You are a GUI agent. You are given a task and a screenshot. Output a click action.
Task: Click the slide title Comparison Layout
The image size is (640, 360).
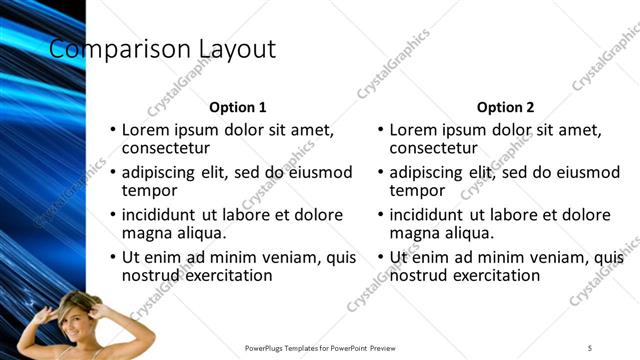pos(163,49)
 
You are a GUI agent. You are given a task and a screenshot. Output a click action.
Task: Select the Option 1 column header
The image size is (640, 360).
pos(237,107)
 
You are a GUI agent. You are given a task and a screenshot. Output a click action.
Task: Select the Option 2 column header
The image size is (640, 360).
pos(506,107)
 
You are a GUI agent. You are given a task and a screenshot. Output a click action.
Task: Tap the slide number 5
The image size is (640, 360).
pos(590,347)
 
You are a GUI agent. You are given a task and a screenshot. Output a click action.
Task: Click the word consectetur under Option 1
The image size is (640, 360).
pos(169,148)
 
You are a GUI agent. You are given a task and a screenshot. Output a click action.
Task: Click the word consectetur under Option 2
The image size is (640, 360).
pos(437,148)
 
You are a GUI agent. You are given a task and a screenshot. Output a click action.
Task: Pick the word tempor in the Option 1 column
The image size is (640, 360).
pos(149,191)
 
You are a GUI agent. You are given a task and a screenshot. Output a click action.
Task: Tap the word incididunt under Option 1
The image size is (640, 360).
pos(160,215)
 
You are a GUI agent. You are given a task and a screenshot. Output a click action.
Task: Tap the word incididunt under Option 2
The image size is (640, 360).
pos(428,215)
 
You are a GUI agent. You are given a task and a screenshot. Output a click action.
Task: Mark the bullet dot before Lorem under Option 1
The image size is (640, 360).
pos(113,130)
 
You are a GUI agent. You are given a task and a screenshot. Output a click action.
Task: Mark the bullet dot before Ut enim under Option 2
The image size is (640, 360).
pos(381,257)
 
